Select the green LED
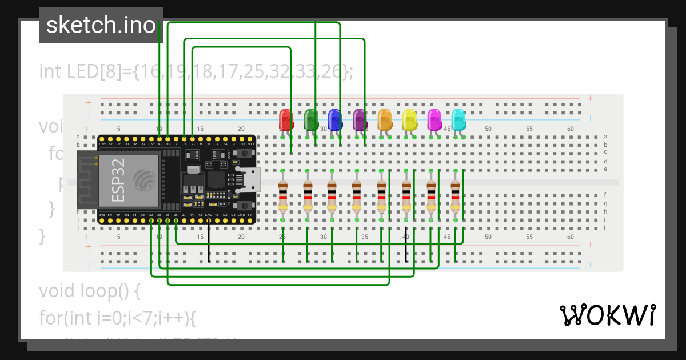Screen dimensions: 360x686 pyautogui.click(x=310, y=119)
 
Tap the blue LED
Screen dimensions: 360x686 pyautogui.click(x=335, y=120)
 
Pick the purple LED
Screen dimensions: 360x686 pyautogui.click(x=360, y=119)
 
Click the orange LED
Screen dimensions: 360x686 pyautogui.click(x=385, y=119)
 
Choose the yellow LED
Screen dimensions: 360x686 pyautogui.click(x=409, y=119)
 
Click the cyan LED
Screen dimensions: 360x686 pyautogui.click(x=458, y=120)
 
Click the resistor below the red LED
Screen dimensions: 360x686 pyautogui.click(x=283, y=195)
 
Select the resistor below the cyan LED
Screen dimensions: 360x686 pyautogui.click(x=455, y=195)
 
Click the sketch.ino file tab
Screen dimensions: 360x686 pyautogui.click(x=101, y=25)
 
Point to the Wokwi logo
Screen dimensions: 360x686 pyautogui.click(x=607, y=315)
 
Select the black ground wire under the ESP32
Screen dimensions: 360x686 pyautogui.click(x=209, y=240)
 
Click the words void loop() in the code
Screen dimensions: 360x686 pyautogui.click(x=89, y=291)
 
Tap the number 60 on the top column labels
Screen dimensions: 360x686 pyautogui.click(x=570, y=129)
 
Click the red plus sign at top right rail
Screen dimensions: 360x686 pyautogui.click(x=590, y=98)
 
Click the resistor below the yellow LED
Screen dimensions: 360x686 pyautogui.click(x=406, y=195)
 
